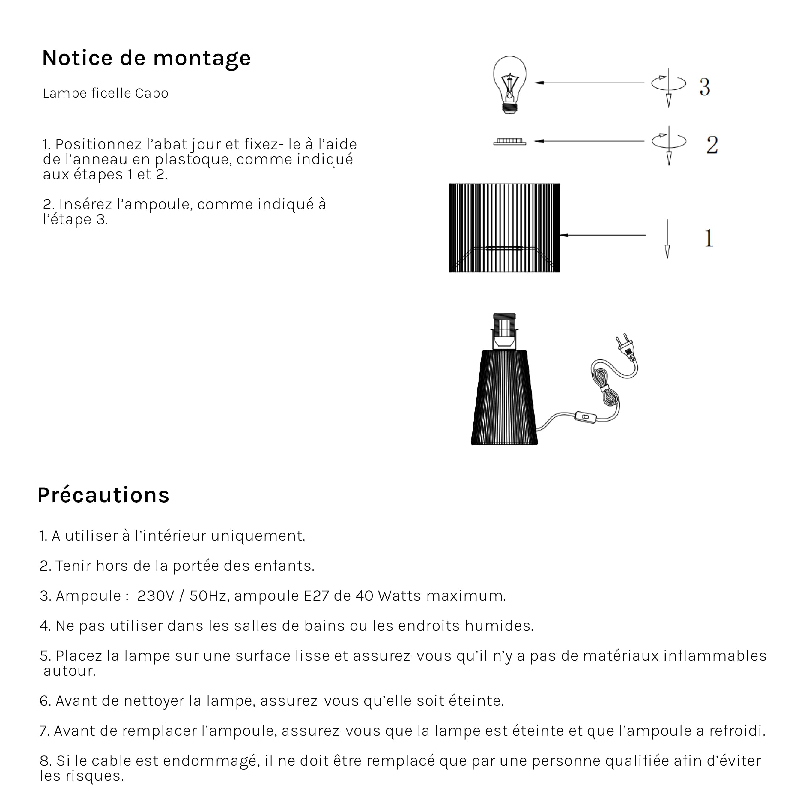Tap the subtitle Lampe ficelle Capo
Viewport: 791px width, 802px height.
pyautogui.click(x=105, y=93)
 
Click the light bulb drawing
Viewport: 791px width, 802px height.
pyautogui.click(x=509, y=83)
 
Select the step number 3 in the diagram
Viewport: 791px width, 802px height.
pyautogui.click(x=704, y=87)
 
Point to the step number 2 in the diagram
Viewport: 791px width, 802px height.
pyautogui.click(x=712, y=145)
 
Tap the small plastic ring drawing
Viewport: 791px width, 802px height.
pyautogui.click(x=509, y=142)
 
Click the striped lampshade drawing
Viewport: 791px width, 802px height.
pyautogui.click(x=504, y=227)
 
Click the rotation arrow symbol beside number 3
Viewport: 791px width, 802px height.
pyautogui.click(x=668, y=83)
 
